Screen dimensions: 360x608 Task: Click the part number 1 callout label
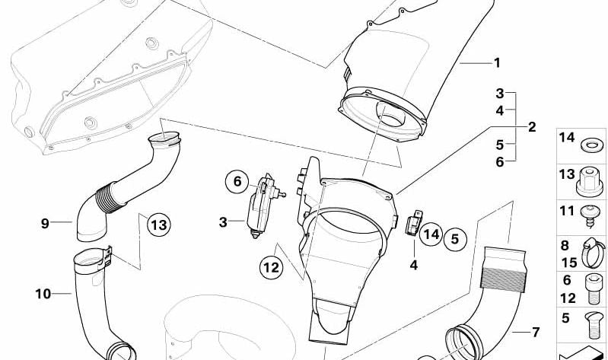point(497,63)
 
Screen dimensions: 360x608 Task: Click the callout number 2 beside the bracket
point(532,127)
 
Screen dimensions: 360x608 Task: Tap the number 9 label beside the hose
point(45,223)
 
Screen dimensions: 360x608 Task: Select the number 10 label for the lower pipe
point(43,293)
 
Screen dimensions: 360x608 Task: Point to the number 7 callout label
point(535,332)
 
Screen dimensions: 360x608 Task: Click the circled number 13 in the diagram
point(158,225)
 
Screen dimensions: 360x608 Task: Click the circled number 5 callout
point(454,240)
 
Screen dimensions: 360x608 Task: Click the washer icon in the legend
point(589,143)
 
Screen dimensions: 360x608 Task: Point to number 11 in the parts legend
point(566,210)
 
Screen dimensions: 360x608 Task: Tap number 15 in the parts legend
point(566,263)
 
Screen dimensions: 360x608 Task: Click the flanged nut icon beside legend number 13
point(589,178)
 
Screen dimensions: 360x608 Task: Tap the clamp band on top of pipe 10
point(91,261)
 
